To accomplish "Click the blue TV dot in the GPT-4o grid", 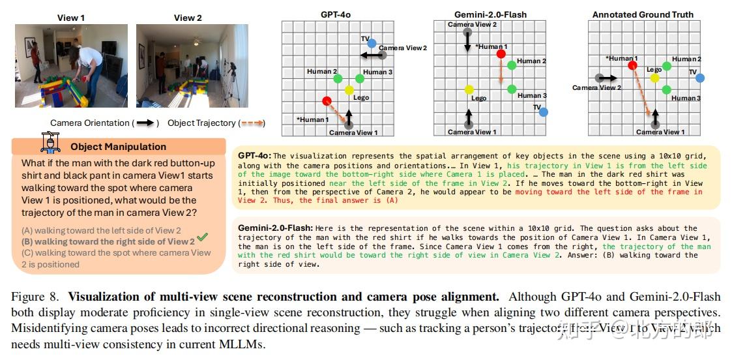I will click(372, 44).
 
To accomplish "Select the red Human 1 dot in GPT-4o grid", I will click(327, 100).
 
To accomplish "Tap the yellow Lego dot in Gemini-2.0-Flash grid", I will click(469, 89).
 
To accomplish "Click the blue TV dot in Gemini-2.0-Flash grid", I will click(543, 112).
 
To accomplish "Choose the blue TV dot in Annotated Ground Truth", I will click(699, 78).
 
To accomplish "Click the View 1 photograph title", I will click(71, 18).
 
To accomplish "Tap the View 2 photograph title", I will click(187, 18).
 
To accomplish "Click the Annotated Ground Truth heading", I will click(642, 14).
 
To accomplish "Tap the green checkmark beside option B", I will click(202, 237).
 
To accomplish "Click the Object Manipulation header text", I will click(118, 147).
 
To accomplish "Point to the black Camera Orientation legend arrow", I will click(147, 123).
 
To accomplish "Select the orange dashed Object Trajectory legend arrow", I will click(251, 123).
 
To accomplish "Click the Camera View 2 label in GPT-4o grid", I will click(403, 48).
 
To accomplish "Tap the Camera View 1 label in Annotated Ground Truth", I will click(660, 132).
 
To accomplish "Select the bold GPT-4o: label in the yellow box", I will click(255, 156).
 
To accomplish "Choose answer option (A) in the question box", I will click(101, 230).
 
